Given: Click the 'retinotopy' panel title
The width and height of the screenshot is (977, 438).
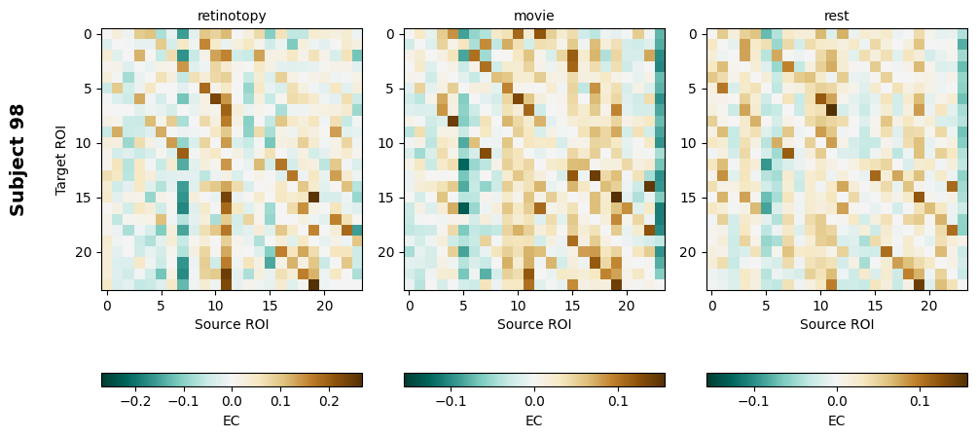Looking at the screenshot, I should (232, 16).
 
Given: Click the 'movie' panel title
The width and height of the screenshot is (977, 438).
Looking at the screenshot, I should (534, 16).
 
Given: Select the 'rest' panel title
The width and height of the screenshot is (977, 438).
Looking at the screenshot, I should (837, 16).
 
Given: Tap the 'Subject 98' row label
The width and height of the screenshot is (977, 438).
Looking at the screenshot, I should (18, 160).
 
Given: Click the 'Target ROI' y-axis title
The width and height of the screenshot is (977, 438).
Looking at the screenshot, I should (61, 160).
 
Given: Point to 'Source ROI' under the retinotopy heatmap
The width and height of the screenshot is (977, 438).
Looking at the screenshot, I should (232, 324).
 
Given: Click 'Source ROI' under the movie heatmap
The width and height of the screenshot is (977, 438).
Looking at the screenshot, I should (534, 324).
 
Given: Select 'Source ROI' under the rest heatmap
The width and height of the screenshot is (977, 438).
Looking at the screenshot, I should (837, 324).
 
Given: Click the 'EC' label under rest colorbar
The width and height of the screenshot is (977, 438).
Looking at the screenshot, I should (837, 420).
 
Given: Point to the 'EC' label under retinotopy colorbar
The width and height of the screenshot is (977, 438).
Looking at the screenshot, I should (232, 420).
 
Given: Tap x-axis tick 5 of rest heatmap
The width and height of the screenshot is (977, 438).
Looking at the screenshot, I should (767, 307).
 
